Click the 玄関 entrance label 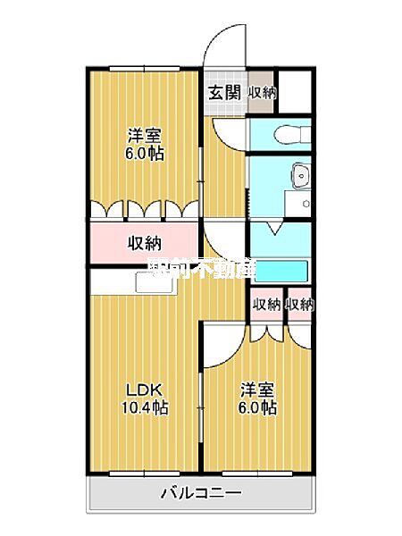pyautogui.click(x=222, y=92)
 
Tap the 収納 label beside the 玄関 pyautogui.click(x=262, y=92)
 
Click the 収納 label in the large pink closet pyautogui.click(x=144, y=243)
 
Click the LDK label pyautogui.click(x=144, y=390)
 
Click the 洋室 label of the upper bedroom pyautogui.click(x=145, y=136)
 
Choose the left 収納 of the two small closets pyautogui.click(x=266, y=305)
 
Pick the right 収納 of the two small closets pyautogui.click(x=299, y=305)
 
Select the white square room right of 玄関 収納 pyautogui.click(x=298, y=92)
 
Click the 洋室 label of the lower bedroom pyautogui.click(x=257, y=390)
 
